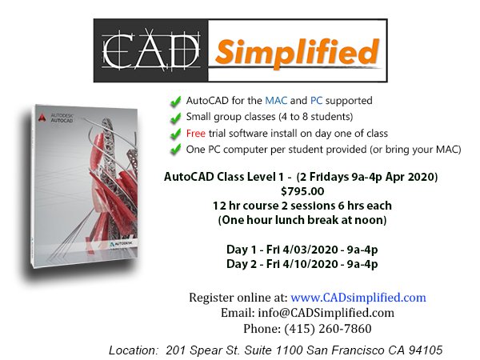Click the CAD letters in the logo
[153, 50]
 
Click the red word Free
[197, 133]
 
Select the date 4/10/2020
[311, 264]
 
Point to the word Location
[133, 350]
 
